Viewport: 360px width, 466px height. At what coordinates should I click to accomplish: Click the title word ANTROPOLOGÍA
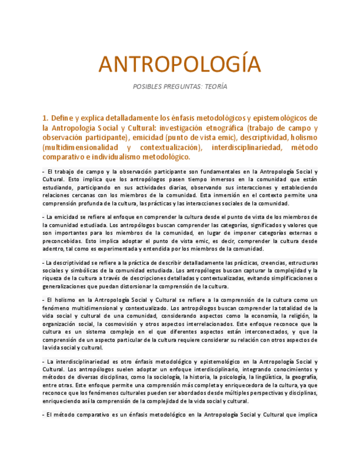(180, 65)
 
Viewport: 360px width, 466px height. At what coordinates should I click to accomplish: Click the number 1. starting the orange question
(46, 118)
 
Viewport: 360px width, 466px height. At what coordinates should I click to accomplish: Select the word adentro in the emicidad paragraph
(53, 248)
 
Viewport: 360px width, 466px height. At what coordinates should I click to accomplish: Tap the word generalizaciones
(68, 286)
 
